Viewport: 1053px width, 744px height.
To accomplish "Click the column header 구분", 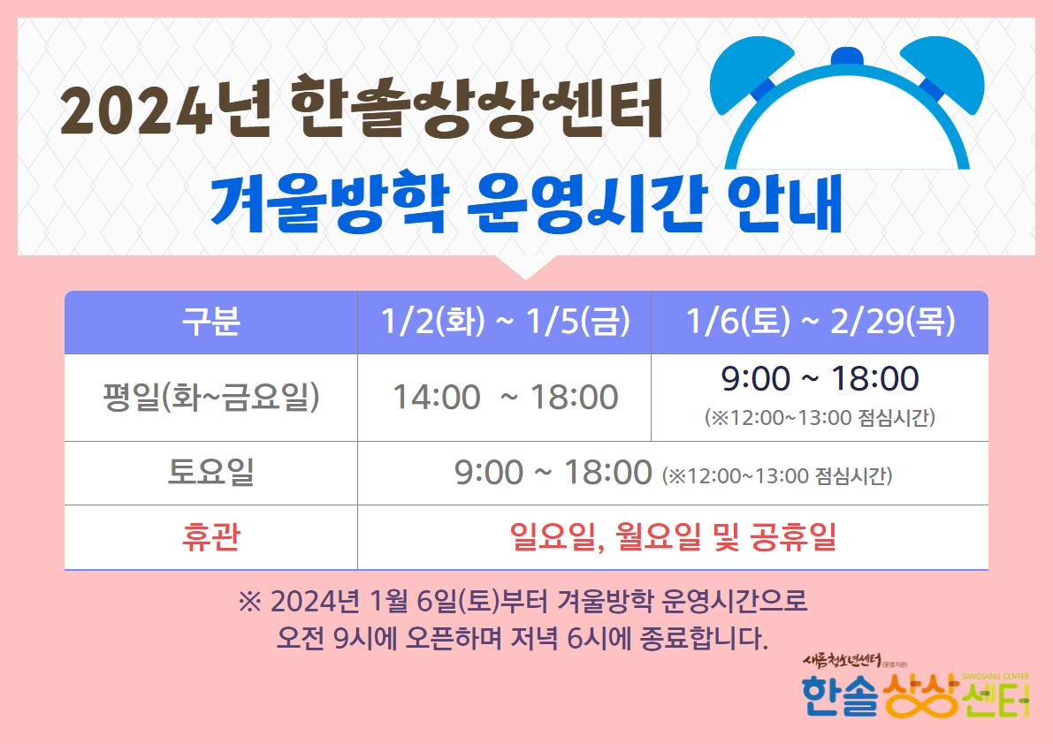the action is click(x=211, y=322).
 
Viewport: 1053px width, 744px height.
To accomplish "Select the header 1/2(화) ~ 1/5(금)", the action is click(x=505, y=322).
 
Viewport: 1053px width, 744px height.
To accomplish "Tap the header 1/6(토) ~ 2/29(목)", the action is click(x=820, y=322).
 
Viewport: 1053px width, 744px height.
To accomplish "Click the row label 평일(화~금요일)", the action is click(x=211, y=397).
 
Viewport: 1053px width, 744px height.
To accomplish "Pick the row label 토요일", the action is click(x=211, y=472).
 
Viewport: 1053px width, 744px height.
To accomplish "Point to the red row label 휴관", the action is click(x=211, y=536).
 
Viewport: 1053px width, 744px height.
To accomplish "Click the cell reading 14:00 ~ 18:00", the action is click(x=505, y=397).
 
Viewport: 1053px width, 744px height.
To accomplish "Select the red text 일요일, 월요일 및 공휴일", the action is click(x=673, y=536).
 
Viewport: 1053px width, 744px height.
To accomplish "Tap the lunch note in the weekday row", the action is click(x=820, y=417).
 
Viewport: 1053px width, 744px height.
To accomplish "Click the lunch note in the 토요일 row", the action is click(x=777, y=475).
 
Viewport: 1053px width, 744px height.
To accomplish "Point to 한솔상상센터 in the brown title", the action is click(x=477, y=107).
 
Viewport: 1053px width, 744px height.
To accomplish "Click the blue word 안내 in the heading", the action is click(x=784, y=203).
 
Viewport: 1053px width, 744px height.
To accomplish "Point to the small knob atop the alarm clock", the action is click(x=847, y=57).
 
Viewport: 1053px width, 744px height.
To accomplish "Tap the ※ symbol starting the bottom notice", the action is click(x=250, y=602).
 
